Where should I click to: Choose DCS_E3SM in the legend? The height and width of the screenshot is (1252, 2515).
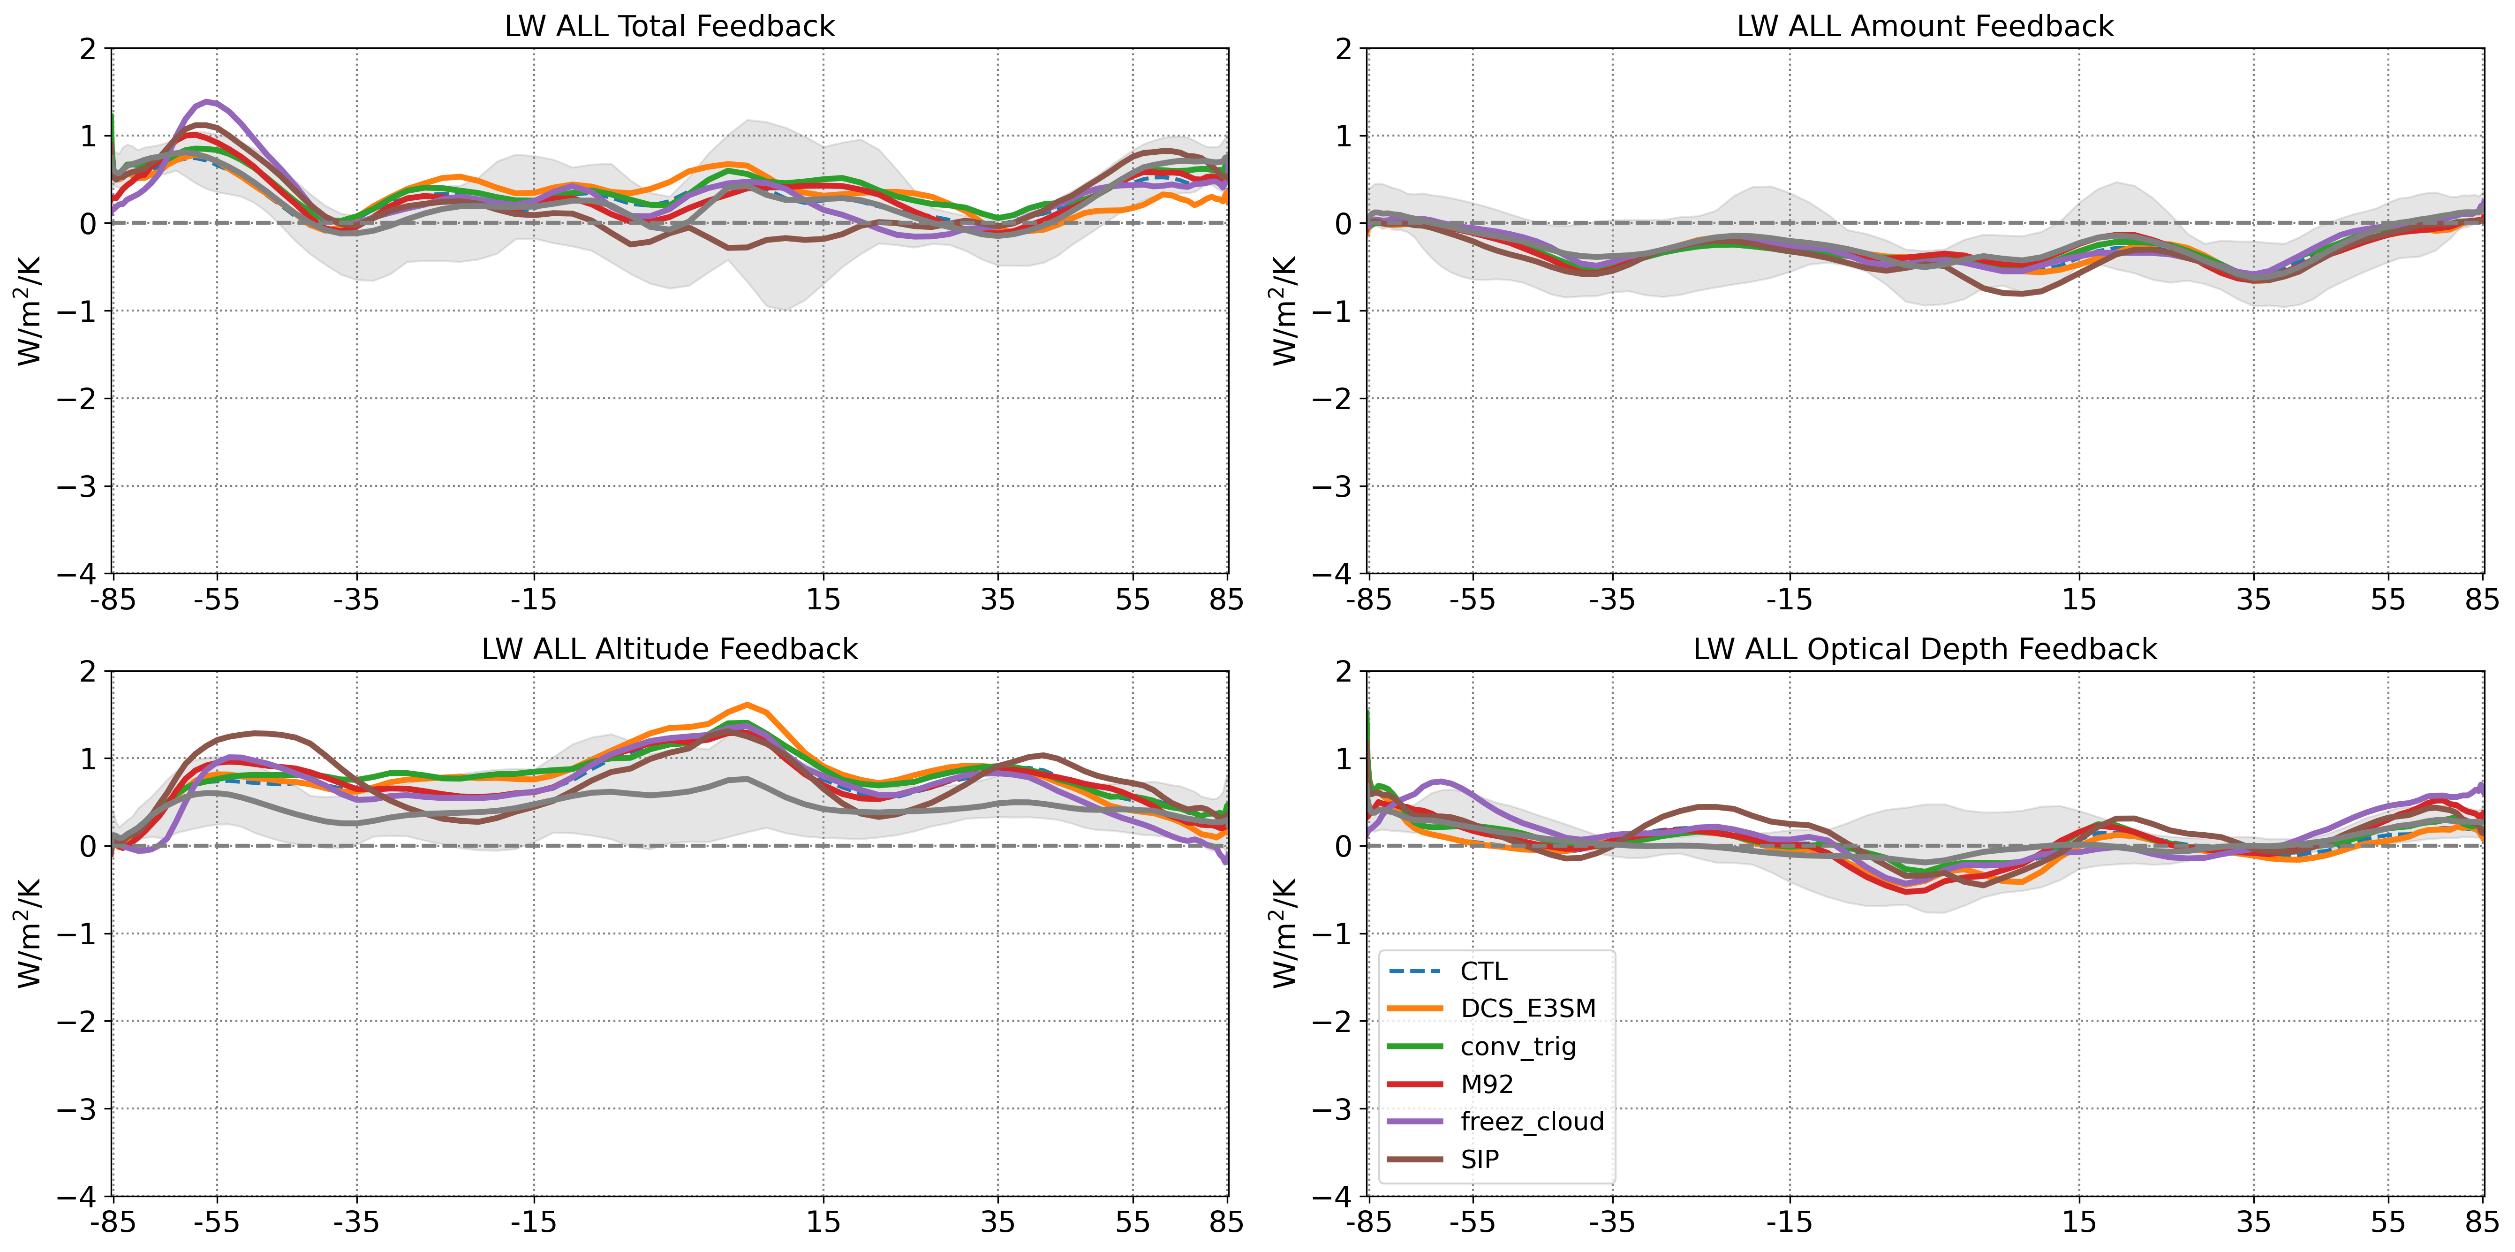[1528, 1009]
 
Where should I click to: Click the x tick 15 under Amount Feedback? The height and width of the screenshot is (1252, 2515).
[2078, 599]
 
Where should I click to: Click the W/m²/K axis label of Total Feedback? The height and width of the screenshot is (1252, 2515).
[29, 311]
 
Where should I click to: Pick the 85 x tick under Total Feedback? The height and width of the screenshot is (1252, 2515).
[1226, 599]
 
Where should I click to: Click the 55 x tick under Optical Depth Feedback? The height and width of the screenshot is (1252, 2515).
[2388, 1223]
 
